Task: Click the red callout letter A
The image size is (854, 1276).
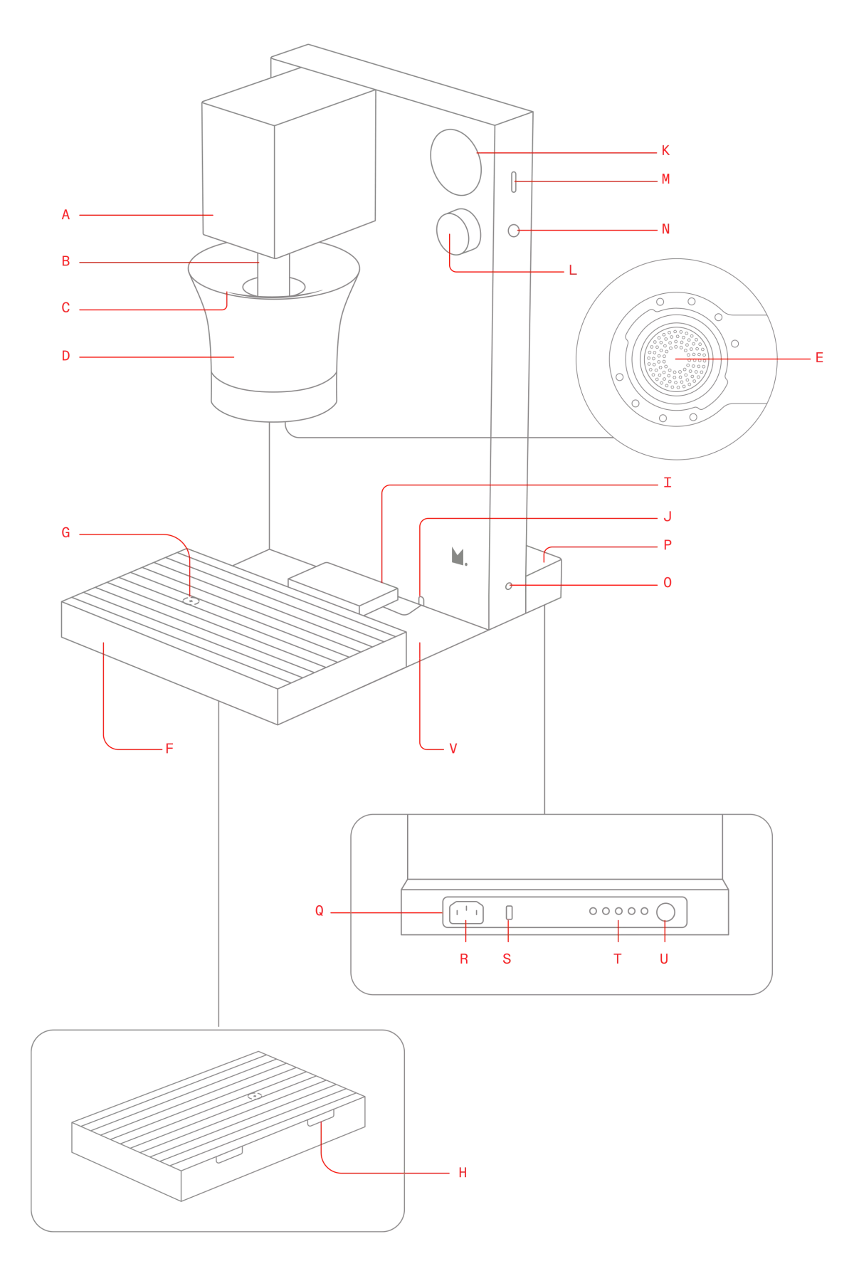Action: point(65,213)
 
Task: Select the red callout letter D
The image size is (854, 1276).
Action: point(65,357)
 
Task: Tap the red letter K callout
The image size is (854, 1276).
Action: point(665,151)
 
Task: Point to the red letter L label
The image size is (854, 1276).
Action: point(573,271)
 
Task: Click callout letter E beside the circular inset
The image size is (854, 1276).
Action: point(819,357)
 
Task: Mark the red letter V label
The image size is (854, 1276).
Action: point(453,748)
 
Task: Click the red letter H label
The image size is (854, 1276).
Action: point(461,1173)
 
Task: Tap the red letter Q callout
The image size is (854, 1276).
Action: point(320,910)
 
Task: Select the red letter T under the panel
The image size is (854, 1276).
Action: point(618,959)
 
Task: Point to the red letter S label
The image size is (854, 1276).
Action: point(507,959)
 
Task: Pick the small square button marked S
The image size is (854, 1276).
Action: point(508,912)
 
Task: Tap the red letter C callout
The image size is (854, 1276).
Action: point(65,308)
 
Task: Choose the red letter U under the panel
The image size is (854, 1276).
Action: point(665,959)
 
